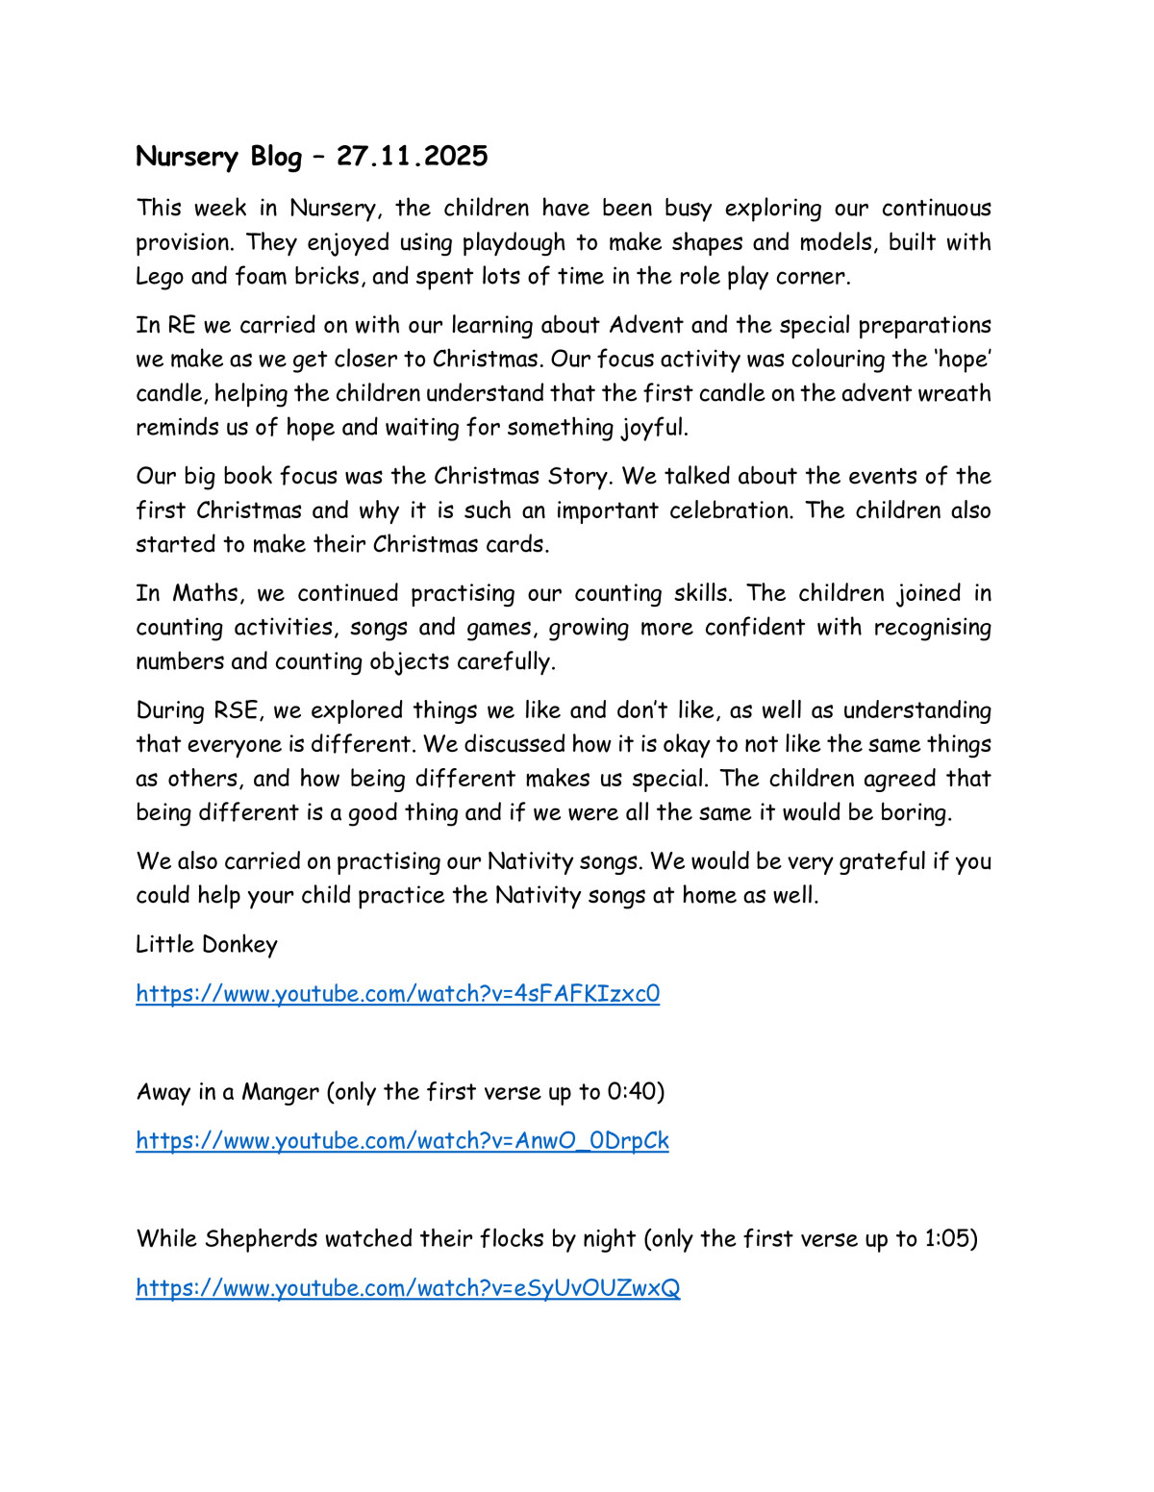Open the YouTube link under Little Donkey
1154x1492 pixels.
point(397,993)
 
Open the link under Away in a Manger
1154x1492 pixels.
point(402,1140)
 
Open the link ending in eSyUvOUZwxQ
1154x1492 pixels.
point(408,1287)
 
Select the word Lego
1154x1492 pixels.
point(160,277)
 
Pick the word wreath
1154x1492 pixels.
point(953,393)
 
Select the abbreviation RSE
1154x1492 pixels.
point(237,710)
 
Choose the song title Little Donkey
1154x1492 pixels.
point(206,944)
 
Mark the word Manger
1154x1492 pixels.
point(280,1092)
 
